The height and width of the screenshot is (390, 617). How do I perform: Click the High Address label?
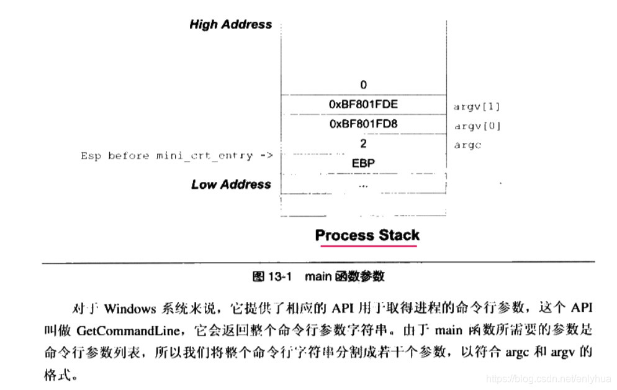coord(230,25)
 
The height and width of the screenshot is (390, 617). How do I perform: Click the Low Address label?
coord(230,184)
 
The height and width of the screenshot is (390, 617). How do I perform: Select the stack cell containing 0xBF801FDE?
coord(363,105)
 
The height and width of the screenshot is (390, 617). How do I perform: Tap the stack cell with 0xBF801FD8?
coord(363,124)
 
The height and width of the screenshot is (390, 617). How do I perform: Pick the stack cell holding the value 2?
coord(363,143)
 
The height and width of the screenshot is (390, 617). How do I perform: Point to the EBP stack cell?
coord(363,164)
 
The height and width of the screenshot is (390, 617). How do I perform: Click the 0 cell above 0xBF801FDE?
coord(363,84)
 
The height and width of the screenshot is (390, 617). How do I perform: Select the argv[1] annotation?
coord(477,106)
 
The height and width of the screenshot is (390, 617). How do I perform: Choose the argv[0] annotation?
coord(477,126)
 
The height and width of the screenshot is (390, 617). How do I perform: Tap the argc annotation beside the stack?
coord(467,145)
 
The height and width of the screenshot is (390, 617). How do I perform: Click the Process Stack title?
coord(367,235)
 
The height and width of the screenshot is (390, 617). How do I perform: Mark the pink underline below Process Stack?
coord(369,246)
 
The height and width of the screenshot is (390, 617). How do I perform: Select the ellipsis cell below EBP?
coord(363,185)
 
